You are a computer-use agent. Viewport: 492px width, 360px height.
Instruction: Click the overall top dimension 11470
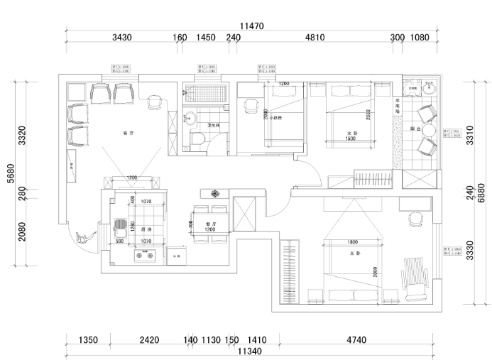click(251, 26)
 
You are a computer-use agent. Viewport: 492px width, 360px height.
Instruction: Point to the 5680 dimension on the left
click(11, 174)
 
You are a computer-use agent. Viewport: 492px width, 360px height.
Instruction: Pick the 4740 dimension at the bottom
click(356, 341)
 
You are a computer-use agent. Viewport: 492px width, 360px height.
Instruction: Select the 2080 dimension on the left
click(23, 232)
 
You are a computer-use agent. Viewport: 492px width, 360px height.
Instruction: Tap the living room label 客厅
click(129, 133)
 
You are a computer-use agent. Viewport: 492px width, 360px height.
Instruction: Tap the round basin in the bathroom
click(190, 119)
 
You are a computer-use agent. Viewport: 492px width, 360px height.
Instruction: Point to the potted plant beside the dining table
click(217, 193)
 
